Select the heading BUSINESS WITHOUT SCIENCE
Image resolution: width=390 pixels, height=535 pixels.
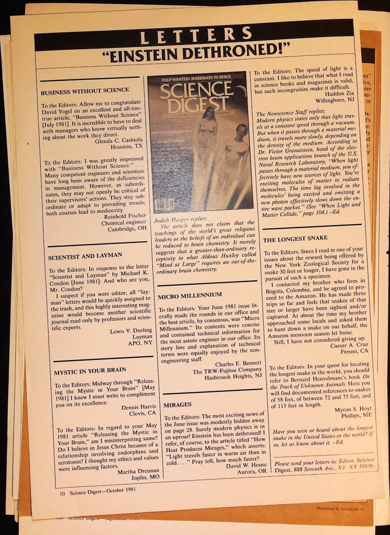pos(85,90)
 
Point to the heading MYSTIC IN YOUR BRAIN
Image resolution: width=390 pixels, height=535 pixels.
pos(90,373)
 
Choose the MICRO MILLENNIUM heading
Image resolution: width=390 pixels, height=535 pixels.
pos(190,295)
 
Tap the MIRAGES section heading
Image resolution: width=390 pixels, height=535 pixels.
pos(178,404)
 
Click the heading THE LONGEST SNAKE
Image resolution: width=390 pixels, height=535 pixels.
pos(295,239)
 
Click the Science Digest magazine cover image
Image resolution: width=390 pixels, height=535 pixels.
pos(197,142)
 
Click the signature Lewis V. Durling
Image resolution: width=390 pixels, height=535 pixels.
pos(131,331)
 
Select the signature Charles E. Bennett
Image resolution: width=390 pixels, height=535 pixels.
pos(239,364)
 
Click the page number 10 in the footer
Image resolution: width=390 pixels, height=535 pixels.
pos(62,492)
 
